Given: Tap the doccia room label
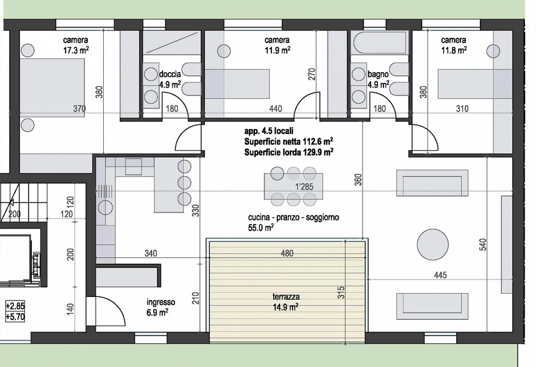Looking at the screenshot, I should pyautogui.click(x=170, y=74).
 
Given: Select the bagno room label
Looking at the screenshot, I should pyautogui.click(x=378, y=74).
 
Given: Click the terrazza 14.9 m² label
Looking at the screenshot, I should pyautogui.click(x=286, y=302).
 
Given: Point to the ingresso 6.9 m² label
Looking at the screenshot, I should pyautogui.click(x=160, y=307).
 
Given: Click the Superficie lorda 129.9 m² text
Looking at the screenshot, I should pyautogui.click(x=288, y=152).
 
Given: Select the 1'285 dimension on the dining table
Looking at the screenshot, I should pyautogui.click(x=304, y=187).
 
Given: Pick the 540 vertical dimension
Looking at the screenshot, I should pyautogui.click(x=483, y=245).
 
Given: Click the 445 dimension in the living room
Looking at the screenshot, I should pyautogui.click(x=440, y=275).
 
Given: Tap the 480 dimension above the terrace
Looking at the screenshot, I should pyautogui.click(x=287, y=253).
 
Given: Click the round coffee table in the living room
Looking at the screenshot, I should pyautogui.click(x=433, y=244).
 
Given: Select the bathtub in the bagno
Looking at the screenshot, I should pyautogui.click(x=379, y=43).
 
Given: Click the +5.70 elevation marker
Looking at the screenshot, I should pyautogui.click(x=15, y=317).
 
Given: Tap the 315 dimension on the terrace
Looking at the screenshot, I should pyautogui.click(x=341, y=292).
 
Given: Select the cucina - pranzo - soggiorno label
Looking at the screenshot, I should pyautogui.click(x=293, y=217).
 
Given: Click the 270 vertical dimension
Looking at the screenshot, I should pyautogui.click(x=312, y=74).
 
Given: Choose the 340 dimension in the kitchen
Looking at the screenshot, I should pyautogui.click(x=151, y=253).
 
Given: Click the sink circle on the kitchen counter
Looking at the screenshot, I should pyautogui.click(x=105, y=207).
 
